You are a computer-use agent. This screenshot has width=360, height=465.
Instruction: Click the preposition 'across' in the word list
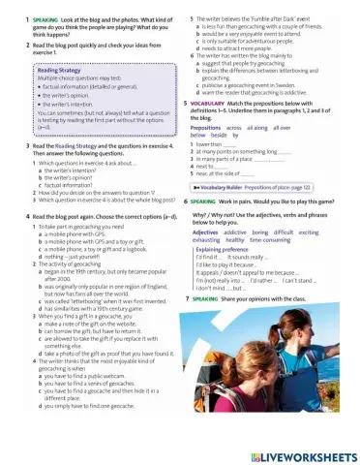point(232,127)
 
